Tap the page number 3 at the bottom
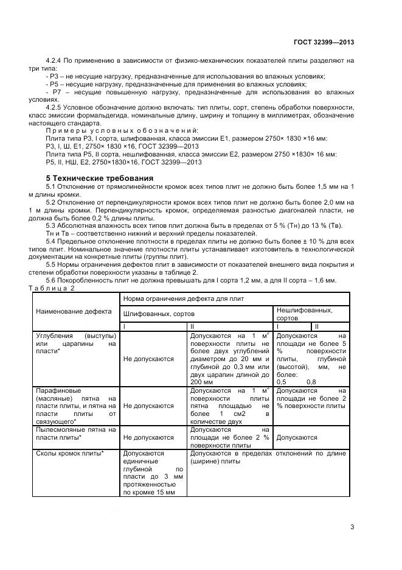pos(352,527)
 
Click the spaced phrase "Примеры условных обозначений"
pos(122,130)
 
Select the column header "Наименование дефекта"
pos(74,311)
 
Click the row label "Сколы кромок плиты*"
pos(69,454)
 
